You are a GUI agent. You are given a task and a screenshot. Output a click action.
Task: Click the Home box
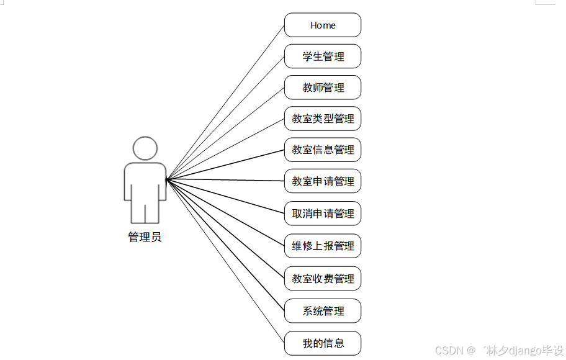click(x=323, y=25)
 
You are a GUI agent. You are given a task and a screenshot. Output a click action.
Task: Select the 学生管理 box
click(x=323, y=56)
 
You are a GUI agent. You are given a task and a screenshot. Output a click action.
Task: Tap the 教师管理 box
click(x=323, y=88)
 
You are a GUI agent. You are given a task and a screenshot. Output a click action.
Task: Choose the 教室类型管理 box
click(x=323, y=119)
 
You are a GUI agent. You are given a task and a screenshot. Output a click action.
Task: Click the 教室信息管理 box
click(x=323, y=150)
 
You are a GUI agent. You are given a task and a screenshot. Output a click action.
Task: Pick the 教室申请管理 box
click(x=323, y=181)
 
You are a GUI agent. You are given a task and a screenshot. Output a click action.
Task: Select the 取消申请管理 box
click(x=323, y=214)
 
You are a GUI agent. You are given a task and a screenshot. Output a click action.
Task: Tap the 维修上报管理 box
click(x=323, y=246)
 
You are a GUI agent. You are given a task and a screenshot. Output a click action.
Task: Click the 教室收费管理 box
click(x=323, y=279)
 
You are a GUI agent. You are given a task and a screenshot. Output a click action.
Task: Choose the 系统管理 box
click(x=323, y=311)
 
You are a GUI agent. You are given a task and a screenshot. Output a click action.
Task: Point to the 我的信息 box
click(x=323, y=343)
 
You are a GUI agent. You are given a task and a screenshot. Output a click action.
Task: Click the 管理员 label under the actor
click(x=145, y=236)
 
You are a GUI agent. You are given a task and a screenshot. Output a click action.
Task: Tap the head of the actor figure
click(x=145, y=148)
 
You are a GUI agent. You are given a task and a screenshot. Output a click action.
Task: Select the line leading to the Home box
click(x=225, y=102)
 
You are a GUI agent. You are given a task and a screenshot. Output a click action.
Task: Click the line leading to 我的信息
click(x=225, y=261)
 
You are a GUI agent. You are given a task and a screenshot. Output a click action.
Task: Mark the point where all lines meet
click(x=167, y=180)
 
